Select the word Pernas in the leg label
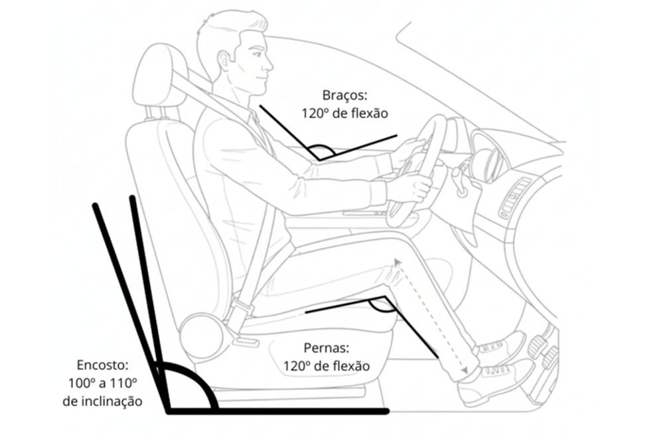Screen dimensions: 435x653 (x=325, y=347)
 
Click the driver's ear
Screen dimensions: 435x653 (x=224, y=61)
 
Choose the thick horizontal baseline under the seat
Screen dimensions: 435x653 (x=279, y=411)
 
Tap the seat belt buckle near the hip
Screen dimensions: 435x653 (x=240, y=312)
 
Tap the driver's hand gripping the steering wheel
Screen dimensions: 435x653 (x=411, y=186)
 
